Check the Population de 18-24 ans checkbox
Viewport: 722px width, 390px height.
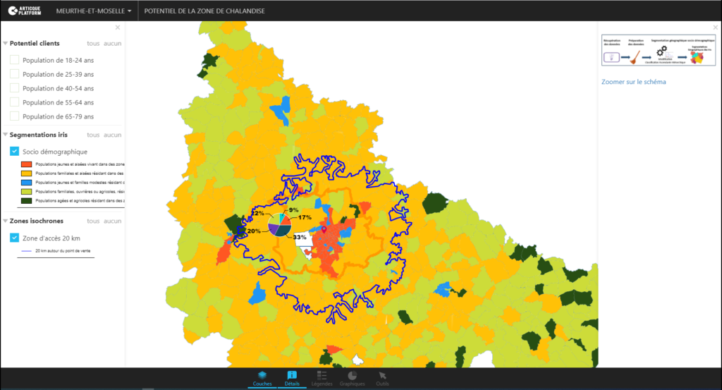click(x=14, y=60)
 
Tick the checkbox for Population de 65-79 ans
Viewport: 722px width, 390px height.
click(x=14, y=116)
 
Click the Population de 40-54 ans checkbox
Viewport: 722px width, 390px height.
click(x=14, y=88)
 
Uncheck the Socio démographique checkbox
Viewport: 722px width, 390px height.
click(x=14, y=151)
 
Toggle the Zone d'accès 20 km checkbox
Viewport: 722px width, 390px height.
click(x=14, y=238)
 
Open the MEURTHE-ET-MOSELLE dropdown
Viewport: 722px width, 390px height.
click(x=93, y=11)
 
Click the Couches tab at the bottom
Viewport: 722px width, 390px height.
click(x=262, y=378)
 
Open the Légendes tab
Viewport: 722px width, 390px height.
click(x=322, y=378)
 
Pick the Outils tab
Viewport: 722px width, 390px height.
click(x=383, y=378)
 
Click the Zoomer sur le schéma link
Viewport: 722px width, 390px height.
click(x=633, y=82)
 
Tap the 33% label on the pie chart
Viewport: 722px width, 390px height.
click(x=300, y=237)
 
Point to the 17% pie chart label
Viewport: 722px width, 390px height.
click(x=305, y=217)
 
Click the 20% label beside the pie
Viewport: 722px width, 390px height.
click(x=254, y=231)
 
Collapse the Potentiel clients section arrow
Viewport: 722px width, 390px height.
click(x=5, y=44)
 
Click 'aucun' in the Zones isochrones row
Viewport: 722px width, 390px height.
click(x=113, y=221)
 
